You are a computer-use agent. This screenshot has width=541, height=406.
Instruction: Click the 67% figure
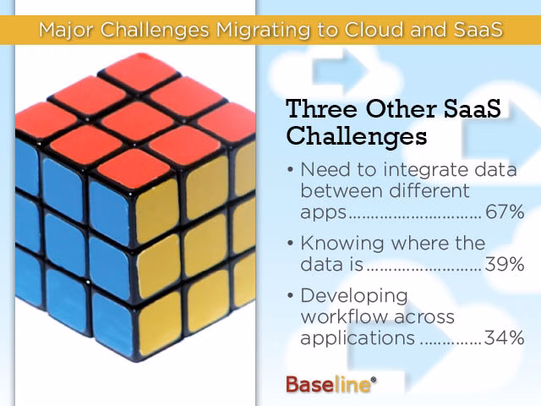coord(505,211)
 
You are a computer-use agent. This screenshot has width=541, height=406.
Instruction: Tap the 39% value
coord(505,265)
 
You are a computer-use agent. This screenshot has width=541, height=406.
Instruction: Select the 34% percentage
coord(504,337)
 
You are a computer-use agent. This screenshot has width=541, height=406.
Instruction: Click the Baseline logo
coord(331,384)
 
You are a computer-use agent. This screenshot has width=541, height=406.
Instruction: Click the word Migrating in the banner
coord(264,30)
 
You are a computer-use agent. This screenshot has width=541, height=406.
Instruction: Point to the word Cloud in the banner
coord(374,30)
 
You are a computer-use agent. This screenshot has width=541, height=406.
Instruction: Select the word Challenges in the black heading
coord(357,137)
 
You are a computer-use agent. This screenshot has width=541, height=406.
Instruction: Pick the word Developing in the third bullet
coord(354,297)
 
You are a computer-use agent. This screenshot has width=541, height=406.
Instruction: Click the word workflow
coord(345,316)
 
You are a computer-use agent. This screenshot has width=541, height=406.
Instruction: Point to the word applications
coord(358,338)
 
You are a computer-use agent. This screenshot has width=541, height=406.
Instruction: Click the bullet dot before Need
coord(290,170)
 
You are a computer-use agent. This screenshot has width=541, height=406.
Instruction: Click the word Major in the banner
coord(66,30)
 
